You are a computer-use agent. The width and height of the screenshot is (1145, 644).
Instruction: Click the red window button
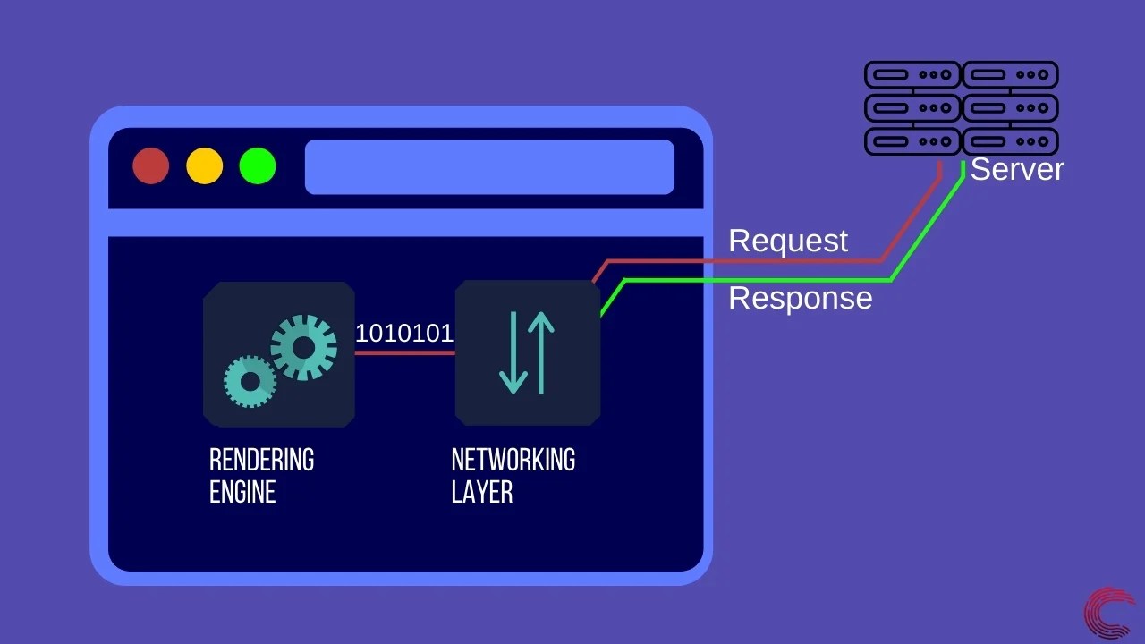coord(150,166)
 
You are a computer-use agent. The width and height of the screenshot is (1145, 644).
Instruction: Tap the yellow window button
coord(204,166)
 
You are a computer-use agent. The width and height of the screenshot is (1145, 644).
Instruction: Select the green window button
coord(258,166)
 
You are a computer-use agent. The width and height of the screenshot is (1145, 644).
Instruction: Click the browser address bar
coord(489,166)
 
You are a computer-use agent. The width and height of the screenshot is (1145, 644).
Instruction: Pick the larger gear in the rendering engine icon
coord(303,347)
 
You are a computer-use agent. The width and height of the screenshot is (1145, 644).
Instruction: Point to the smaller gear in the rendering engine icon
coord(250,382)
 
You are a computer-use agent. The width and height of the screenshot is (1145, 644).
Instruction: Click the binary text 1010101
coord(404,333)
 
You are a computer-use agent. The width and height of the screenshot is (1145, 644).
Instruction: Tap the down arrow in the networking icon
coord(513,352)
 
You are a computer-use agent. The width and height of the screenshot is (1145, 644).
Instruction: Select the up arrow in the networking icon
coord(540,352)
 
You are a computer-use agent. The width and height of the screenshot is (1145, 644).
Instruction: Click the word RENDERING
coord(261,460)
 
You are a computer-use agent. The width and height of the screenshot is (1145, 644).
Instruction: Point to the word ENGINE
coord(242,492)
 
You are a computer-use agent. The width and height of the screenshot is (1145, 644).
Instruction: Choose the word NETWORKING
coord(513,460)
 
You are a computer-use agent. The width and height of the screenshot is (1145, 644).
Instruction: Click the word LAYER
coord(481,492)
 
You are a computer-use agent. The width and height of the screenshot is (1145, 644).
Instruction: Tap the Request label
coord(788,241)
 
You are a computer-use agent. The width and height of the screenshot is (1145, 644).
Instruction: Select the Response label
coord(800,298)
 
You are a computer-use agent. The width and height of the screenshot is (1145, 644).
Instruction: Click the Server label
coord(1017,169)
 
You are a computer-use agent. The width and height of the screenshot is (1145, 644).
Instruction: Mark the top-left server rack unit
coord(912,75)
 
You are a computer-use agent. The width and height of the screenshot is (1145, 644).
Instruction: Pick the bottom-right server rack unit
coord(1011,141)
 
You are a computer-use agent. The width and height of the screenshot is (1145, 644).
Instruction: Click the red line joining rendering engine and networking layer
coord(404,352)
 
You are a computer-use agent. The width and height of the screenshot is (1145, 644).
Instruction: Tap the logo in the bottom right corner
coord(1109,613)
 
